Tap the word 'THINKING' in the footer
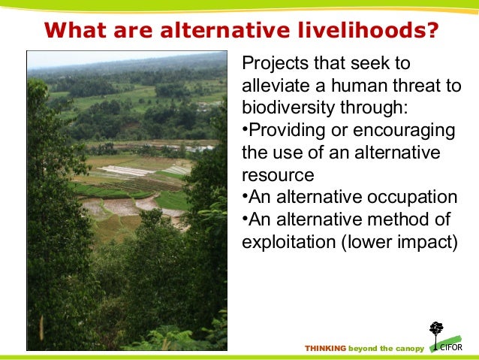[x=325, y=349]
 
